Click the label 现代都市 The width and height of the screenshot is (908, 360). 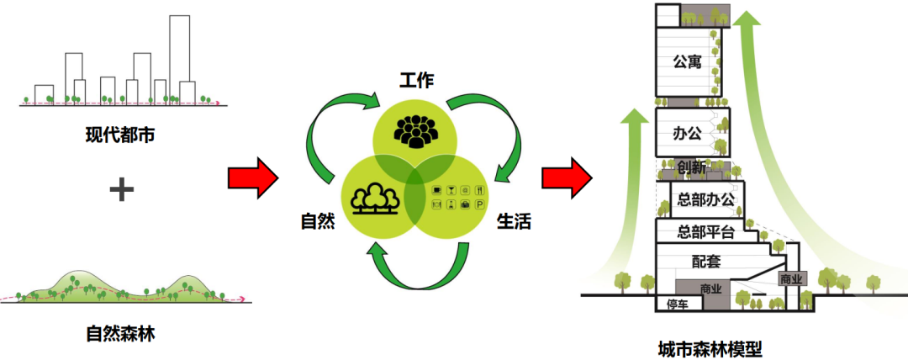(x=120, y=134)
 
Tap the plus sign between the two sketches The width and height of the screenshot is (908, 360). (x=122, y=189)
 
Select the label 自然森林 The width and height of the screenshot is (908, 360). (x=120, y=333)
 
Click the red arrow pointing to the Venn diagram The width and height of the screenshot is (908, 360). (x=252, y=178)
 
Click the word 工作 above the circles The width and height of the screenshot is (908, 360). (x=416, y=82)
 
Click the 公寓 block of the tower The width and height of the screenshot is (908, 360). (x=687, y=61)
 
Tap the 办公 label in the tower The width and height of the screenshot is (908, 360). (x=687, y=133)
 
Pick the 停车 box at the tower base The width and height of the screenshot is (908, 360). (x=677, y=304)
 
